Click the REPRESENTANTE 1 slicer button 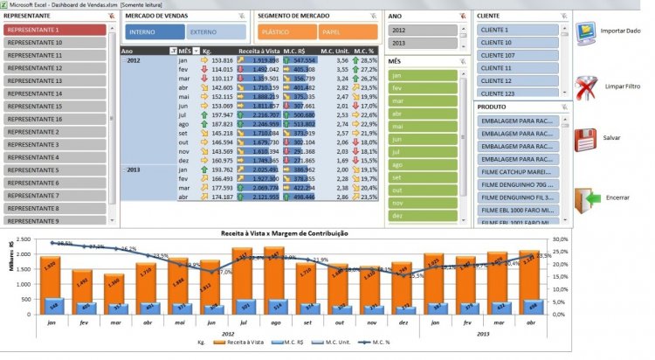point(55,30)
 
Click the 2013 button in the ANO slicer point(423,43)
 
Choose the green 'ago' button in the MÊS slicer point(423,164)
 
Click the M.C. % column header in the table point(366,51)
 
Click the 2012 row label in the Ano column point(134,60)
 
